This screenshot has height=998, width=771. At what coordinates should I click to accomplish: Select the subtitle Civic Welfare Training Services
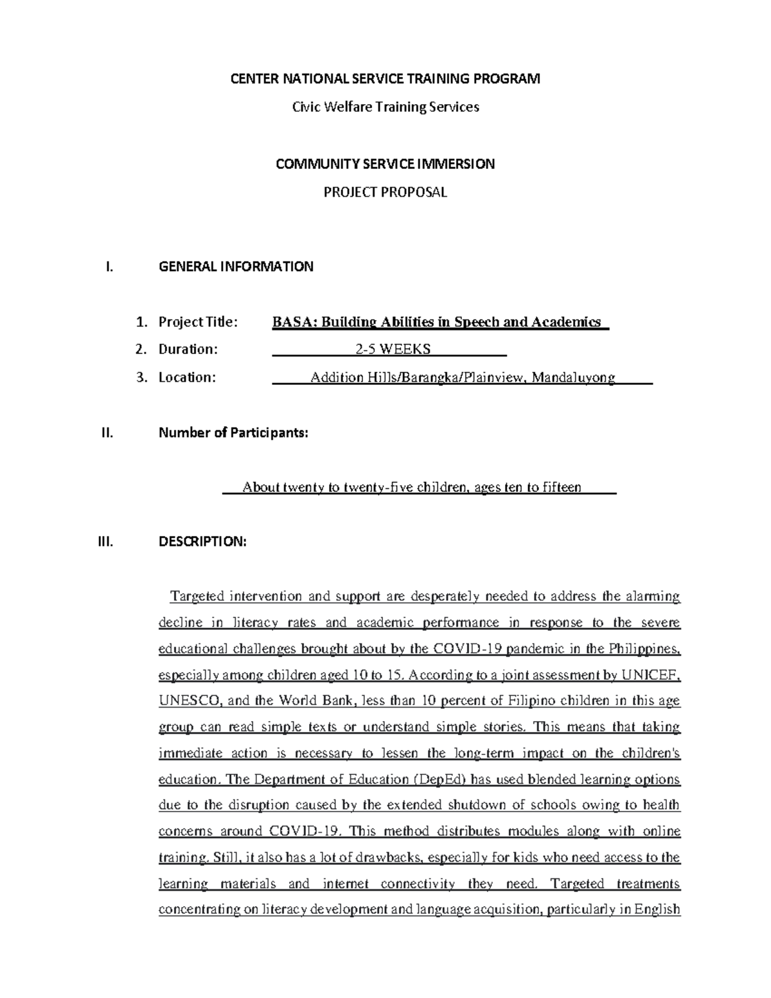(385, 107)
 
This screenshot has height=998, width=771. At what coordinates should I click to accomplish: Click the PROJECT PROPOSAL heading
(385, 192)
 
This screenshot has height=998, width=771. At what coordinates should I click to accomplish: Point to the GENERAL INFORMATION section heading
(236, 267)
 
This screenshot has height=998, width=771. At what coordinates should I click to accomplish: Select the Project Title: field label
(198, 322)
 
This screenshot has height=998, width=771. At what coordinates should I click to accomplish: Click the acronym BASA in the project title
(292, 322)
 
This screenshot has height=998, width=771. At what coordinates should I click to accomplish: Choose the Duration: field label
(188, 350)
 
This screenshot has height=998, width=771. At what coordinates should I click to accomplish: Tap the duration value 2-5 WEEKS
(393, 350)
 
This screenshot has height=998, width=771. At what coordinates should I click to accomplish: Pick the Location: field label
(187, 377)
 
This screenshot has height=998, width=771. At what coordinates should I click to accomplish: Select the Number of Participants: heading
(233, 433)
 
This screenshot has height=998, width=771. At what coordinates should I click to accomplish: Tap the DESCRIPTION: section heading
(202, 542)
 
